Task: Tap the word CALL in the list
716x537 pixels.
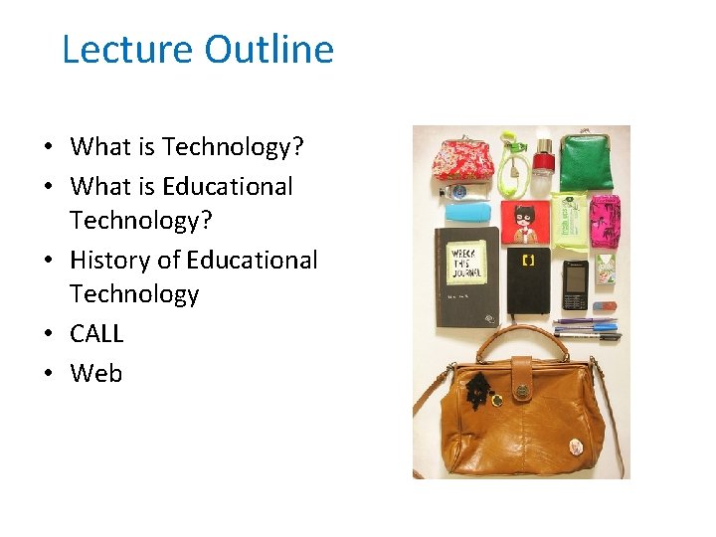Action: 96,333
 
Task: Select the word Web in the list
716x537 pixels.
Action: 95,373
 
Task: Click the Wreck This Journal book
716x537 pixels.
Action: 466,268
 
